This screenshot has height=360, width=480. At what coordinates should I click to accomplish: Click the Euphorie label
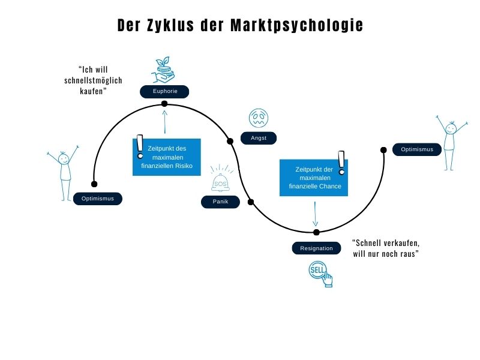click(x=164, y=91)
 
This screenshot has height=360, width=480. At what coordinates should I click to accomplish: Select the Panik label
click(x=220, y=202)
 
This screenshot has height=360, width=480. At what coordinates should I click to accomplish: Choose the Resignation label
click(x=316, y=248)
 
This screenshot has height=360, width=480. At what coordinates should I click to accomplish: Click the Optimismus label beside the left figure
click(x=97, y=199)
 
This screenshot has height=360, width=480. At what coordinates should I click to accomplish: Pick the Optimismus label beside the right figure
click(x=417, y=149)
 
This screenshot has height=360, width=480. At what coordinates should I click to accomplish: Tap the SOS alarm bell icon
click(x=220, y=179)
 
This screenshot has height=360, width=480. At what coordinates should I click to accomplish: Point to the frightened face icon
click(x=259, y=117)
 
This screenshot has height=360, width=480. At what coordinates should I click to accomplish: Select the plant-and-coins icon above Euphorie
click(x=164, y=70)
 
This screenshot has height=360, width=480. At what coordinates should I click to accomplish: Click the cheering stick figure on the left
click(x=63, y=172)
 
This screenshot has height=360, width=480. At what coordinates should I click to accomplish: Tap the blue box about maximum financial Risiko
click(x=167, y=157)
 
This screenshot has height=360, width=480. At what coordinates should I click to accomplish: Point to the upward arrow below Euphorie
click(x=164, y=121)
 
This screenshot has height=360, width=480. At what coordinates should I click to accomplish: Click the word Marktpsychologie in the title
click(x=297, y=26)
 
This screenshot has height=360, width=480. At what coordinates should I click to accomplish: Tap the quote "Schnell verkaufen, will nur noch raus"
click(x=385, y=248)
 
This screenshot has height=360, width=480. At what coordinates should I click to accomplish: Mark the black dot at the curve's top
click(x=164, y=104)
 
